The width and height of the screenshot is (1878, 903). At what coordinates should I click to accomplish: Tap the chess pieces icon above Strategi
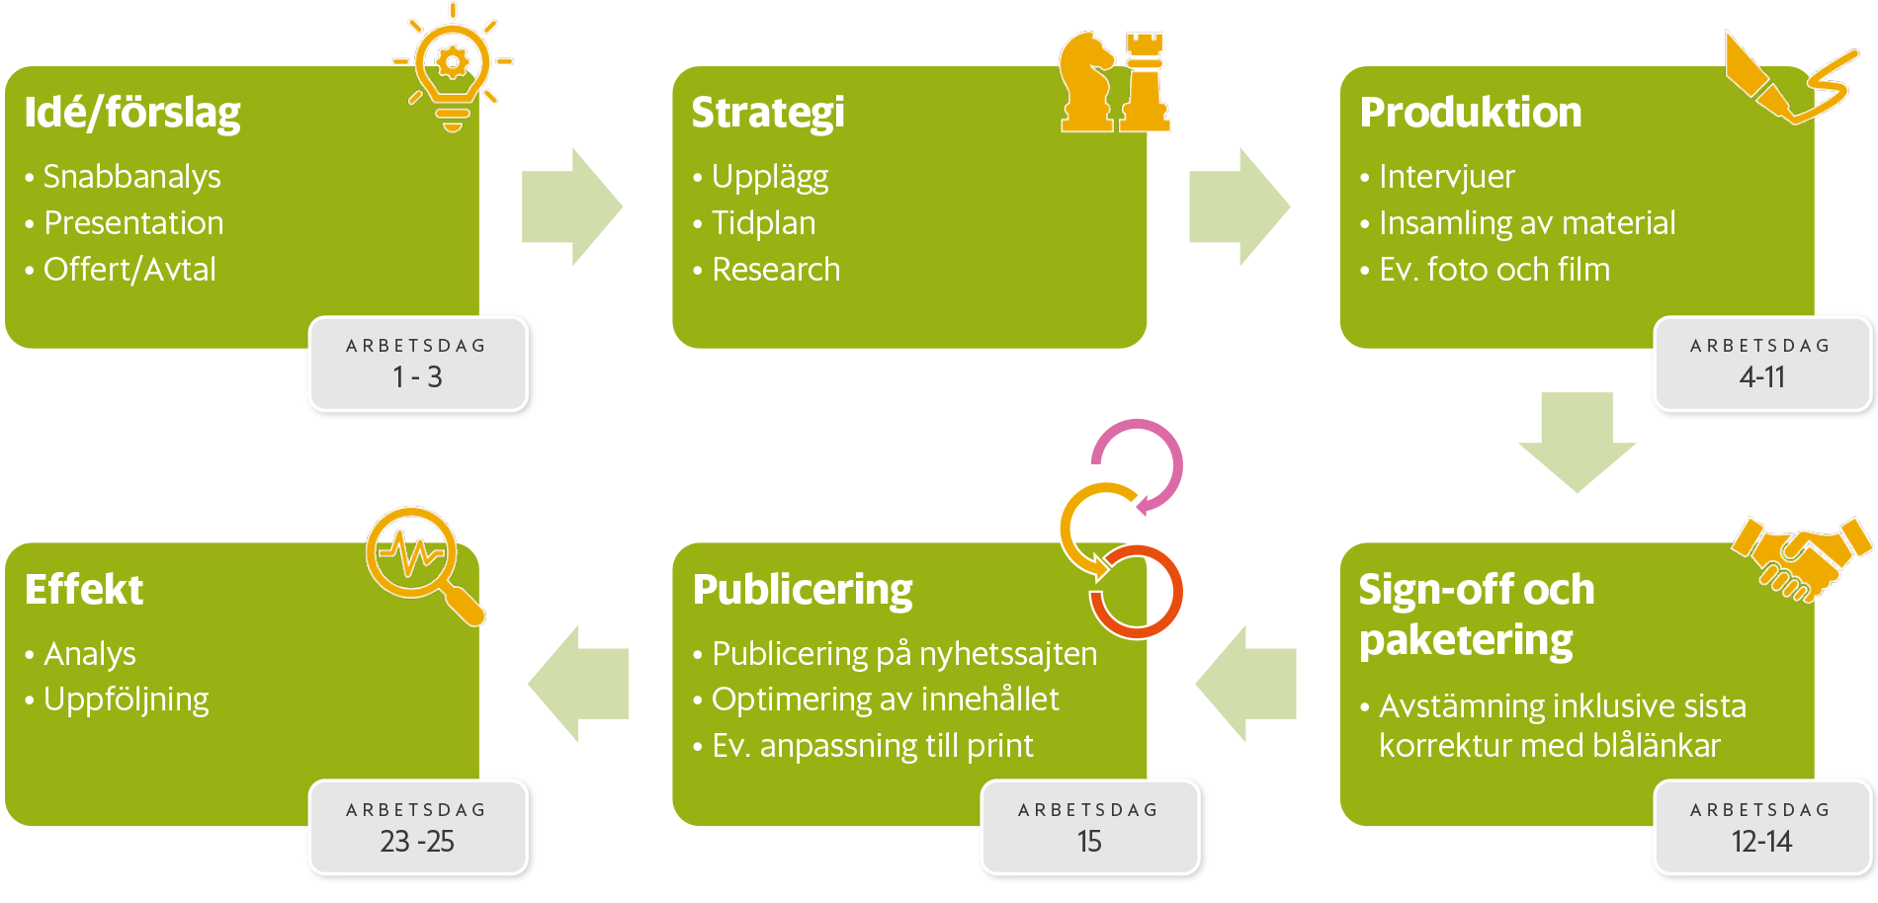pos(1115,83)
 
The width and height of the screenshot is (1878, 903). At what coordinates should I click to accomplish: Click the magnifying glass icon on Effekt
pos(420,560)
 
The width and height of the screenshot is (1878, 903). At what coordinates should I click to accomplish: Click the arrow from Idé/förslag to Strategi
pos(571,207)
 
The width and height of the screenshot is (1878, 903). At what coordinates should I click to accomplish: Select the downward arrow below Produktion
pos(1577,441)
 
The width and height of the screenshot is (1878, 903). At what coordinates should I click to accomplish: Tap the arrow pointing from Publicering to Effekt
pos(578,683)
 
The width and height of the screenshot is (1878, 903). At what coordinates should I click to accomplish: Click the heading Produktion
pos(1470,113)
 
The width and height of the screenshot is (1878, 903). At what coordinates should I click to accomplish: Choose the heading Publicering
pos(803,590)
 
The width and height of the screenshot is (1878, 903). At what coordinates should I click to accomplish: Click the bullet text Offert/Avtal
pos(129,270)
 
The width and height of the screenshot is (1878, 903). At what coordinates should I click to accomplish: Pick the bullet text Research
pos(776,270)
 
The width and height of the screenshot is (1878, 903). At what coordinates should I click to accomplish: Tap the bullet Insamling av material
pos(1527,223)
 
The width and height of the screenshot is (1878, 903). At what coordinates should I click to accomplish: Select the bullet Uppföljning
pos(127,699)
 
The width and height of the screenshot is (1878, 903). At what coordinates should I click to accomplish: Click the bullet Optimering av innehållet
pos(885,699)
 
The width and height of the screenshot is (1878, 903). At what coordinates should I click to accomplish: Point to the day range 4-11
pos(1761,377)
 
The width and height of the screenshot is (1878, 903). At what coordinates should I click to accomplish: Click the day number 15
pos(1089,842)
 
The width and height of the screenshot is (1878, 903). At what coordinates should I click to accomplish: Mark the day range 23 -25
pos(417,842)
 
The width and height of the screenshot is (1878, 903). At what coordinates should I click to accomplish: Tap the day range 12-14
pos(1761,842)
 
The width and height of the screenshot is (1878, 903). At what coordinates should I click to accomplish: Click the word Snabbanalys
pos(131,177)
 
